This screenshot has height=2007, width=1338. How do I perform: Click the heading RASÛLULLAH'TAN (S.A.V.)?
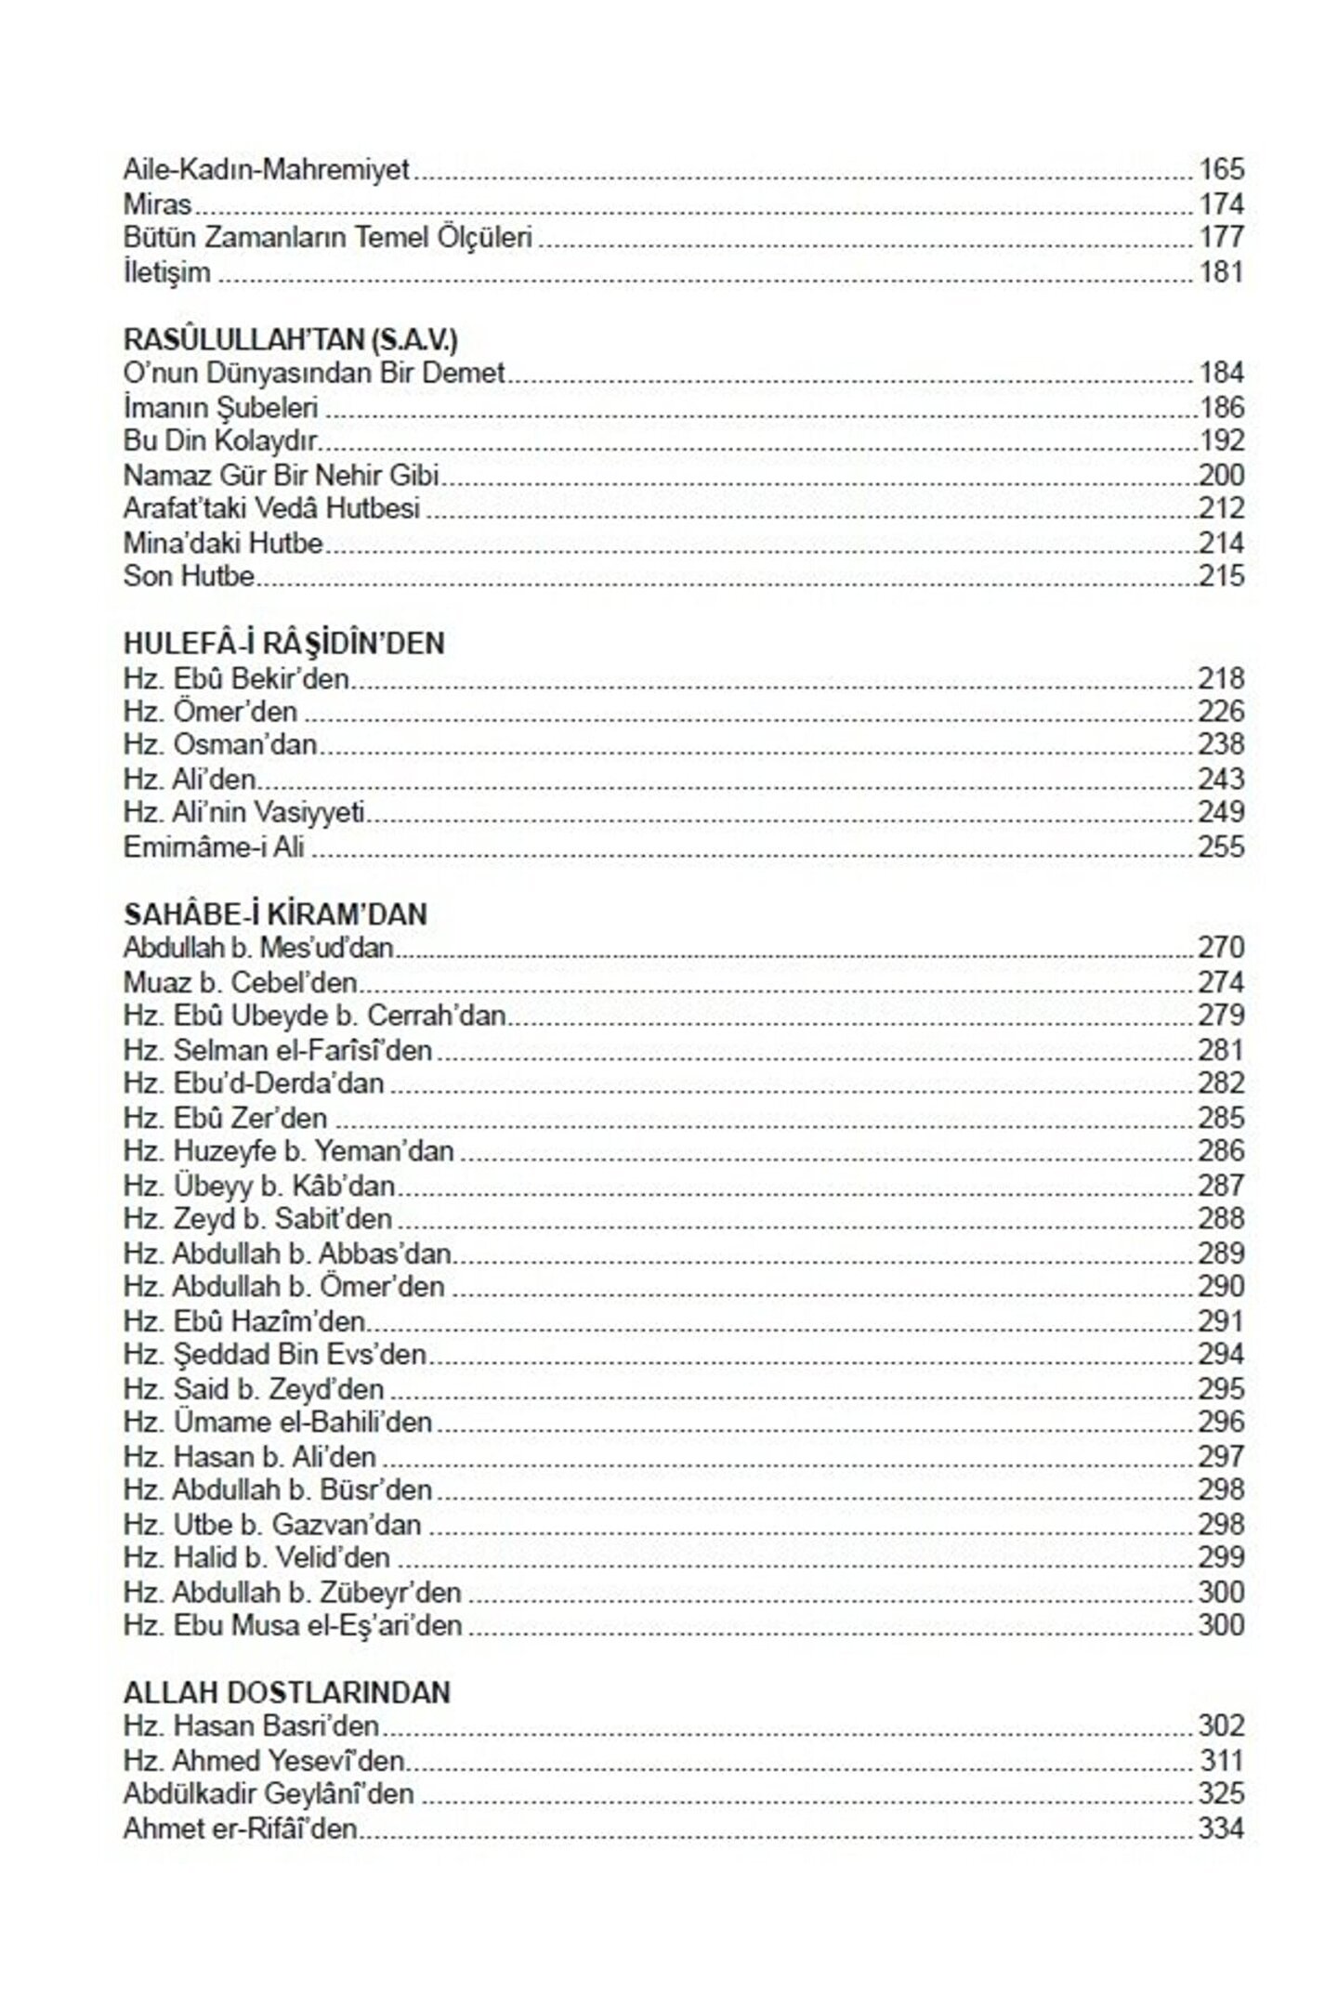[290, 340]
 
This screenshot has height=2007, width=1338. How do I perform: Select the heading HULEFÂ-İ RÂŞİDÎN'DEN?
[283, 644]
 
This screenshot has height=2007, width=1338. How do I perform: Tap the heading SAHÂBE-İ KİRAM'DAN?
[275, 915]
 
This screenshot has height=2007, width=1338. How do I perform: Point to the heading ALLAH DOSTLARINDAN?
[286, 1693]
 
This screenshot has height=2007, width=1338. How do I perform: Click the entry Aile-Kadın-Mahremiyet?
[266, 171]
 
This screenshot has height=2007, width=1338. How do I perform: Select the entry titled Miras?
[157, 204]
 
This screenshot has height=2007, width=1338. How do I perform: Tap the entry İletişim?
[167, 273]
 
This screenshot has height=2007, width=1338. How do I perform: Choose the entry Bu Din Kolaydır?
[220, 441]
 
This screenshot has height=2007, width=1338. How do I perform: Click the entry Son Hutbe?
[189, 576]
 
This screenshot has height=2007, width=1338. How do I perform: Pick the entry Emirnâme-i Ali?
[214, 847]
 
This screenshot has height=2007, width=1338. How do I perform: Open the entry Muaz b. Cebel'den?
[240, 983]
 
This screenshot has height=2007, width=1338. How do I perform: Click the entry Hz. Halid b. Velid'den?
[256, 1558]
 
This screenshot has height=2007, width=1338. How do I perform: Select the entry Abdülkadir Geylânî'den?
[269, 1794]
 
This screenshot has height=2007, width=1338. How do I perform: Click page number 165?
[1221, 170]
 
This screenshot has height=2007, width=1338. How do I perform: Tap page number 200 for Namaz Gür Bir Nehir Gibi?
[1221, 476]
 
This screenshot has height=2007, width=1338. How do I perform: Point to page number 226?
[1221, 712]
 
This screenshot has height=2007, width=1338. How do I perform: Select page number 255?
[1221, 847]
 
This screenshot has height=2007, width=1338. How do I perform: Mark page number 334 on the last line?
[1221, 1829]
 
